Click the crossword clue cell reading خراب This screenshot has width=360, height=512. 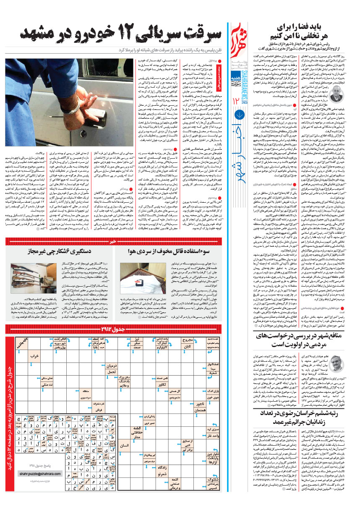coord(34,355)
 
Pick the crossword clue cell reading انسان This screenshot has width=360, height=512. coord(125,446)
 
